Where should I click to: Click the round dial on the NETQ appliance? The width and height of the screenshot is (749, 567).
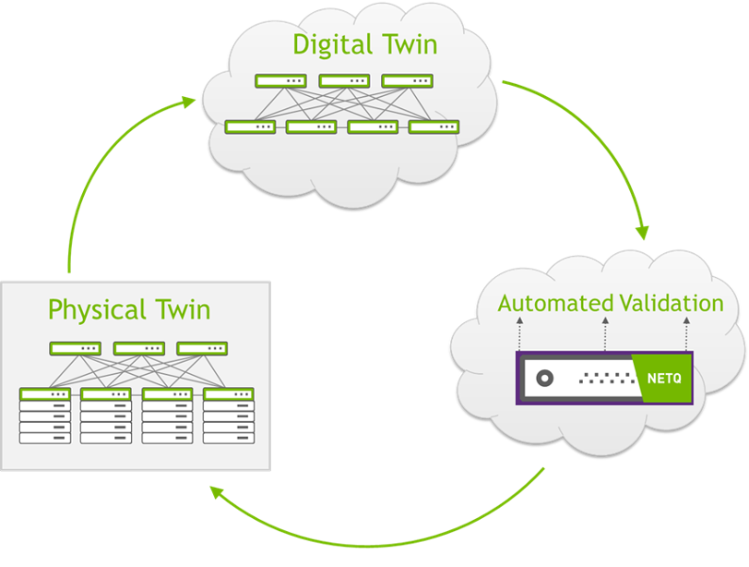[x=544, y=379]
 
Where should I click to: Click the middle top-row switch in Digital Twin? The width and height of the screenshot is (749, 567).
[x=344, y=81]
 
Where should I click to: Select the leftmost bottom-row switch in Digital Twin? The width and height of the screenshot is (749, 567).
[x=250, y=127]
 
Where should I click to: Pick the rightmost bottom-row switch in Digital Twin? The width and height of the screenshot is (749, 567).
[x=434, y=127]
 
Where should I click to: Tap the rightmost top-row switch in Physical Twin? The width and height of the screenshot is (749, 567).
[x=202, y=349]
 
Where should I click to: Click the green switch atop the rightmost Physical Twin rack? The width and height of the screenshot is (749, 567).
[x=228, y=394]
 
